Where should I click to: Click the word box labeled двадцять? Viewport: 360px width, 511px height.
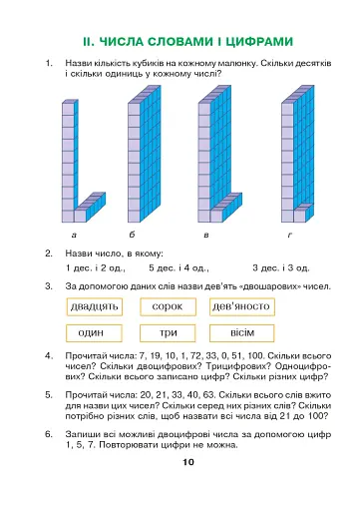click(95, 306)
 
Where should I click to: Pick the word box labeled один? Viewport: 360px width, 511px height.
click(95, 331)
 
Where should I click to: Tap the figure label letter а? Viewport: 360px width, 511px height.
click(74, 234)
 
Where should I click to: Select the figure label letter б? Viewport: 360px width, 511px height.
click(140, 234)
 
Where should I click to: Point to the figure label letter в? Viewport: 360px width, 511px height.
click(205, 234)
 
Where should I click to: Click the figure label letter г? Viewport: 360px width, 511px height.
click(289, 234)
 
